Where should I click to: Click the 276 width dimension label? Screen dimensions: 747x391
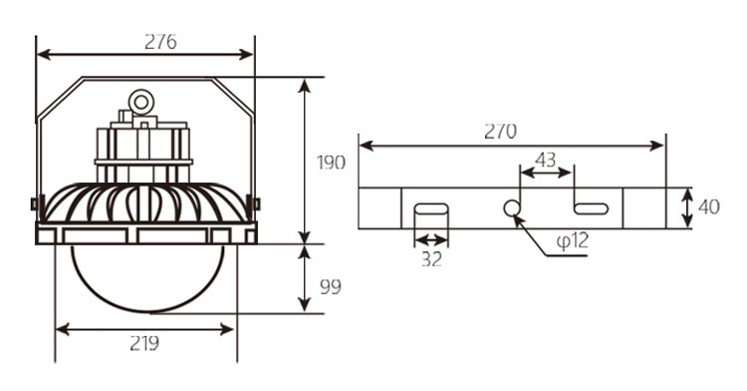coord(160,42)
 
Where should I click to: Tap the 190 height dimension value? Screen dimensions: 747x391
coord(331,163)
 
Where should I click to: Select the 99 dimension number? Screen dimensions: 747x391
coord(330,287)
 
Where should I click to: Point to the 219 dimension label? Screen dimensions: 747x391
coord(144,343)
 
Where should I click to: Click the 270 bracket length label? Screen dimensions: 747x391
coord(500,131)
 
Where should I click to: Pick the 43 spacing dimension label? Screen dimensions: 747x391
coord(546,160)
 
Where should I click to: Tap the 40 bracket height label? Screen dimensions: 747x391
coord(709,206)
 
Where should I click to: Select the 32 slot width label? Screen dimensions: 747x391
coord(431,259)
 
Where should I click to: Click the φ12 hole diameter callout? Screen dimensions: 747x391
coord(572,240)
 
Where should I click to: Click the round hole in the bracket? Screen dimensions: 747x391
coord(512,208)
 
